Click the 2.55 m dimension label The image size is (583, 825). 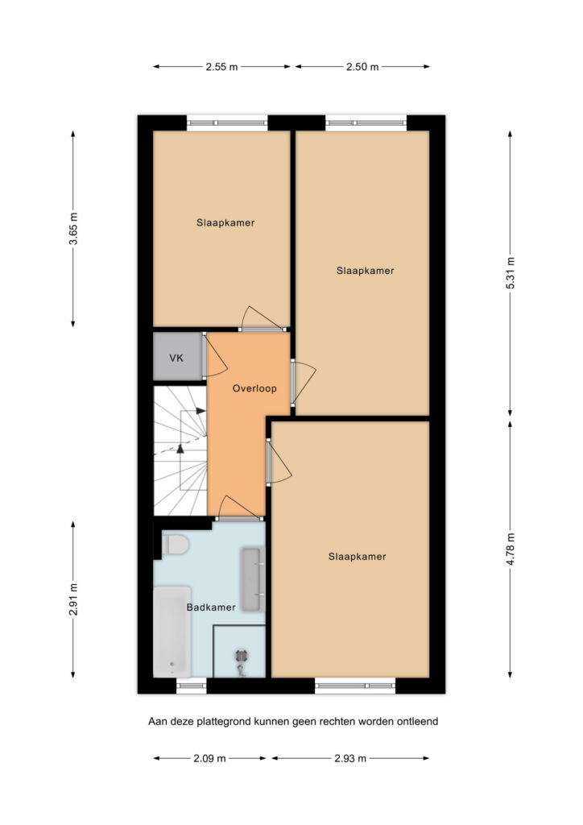click(x=221, y=67)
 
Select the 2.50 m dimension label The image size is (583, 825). click(x=362, y=67)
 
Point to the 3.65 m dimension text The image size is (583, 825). click(x=73, y=228)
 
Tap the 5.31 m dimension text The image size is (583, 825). click(x=511, y=272)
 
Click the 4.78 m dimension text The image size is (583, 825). click(x=511, y=549)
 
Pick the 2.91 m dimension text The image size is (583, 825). click(x=73, y=599)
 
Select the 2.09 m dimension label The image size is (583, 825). click(x=209, y=758)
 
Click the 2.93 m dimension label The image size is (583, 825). click(x=350, y=758)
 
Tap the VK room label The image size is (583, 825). click(x=176, y=358)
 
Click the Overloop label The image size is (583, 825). click(x=254, y=388)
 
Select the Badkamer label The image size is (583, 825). click(x=211, y=607)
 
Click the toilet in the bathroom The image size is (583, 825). click(x=175, y=545)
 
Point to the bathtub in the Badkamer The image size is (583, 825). click(x=172, y=632)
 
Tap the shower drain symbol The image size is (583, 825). click(x=242, y=656)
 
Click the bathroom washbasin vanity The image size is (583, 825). click(x=252, y=580)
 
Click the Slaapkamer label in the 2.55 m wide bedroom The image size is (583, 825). click(x=225, y=222)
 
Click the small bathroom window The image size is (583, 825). click(x=192, y=685)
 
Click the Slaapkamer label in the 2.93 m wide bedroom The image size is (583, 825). click(x=358, y=556)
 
